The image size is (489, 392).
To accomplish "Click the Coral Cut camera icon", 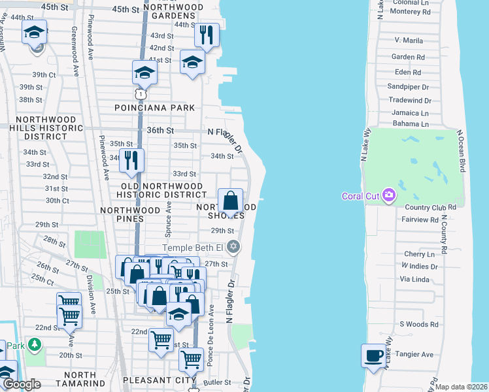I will pyautogui.click(x=389, y=195).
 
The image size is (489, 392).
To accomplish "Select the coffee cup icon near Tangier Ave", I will pyautogui.click(x=374, y=355).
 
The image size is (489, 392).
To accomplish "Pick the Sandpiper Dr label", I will pyautogui.click(x=408, y=86).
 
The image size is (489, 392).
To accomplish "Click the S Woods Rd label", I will pyautogui.click(x=418, y=324).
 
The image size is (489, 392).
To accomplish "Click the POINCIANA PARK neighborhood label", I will pyautogui.click(x=155, y=108).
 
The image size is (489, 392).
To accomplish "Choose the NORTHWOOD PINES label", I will pyautogui.click(x=130, y=210).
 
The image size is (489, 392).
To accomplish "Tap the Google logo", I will pyautogui.click(x=22, y=384).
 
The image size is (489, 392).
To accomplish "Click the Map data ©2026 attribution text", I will pyautogui.click(x=461, y=387).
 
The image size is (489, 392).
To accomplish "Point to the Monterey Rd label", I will pyautogui.click(x=409, y=12).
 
